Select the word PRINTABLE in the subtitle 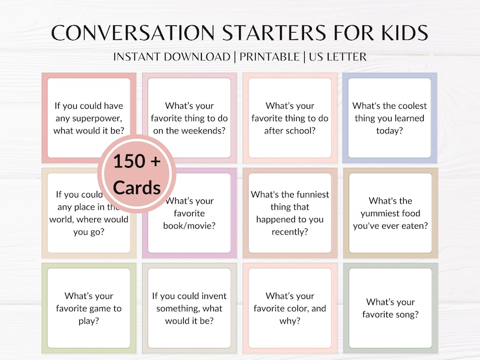click(270, 57)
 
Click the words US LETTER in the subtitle click(337, 57)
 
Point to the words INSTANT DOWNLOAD click(172, 57)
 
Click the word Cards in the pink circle click(137, 187)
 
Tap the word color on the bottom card click(297, 309)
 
